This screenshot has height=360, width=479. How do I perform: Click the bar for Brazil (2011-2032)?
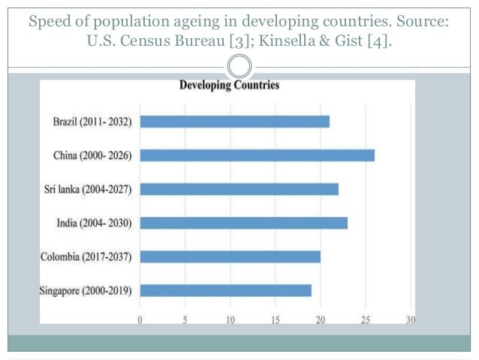point(234,122)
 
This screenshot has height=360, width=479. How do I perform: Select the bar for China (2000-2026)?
point(257,156)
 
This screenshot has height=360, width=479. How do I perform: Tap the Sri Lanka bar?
point(239,189)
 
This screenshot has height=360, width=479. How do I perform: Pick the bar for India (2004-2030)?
point(243,223)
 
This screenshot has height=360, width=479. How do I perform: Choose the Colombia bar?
point(230,257)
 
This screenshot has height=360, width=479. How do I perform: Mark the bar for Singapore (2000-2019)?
point(225,291)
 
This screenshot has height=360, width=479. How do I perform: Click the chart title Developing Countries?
point(229,86)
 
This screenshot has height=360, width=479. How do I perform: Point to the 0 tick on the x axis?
point(140,319)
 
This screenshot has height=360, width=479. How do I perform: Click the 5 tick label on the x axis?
point(185,319)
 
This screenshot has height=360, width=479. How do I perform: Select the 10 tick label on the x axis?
point(230,319)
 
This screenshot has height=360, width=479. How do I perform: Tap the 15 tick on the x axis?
point(276,319)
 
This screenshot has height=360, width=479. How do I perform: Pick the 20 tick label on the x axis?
point(321,319)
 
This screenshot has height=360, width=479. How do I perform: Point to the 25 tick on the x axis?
point(366,319)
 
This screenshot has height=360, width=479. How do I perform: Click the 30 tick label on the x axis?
point(410,319)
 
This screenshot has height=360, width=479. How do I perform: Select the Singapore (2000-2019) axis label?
point(86,291)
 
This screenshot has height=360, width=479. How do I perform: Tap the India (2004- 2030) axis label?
point(95,223)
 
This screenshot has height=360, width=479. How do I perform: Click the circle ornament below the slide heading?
point(239,66)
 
